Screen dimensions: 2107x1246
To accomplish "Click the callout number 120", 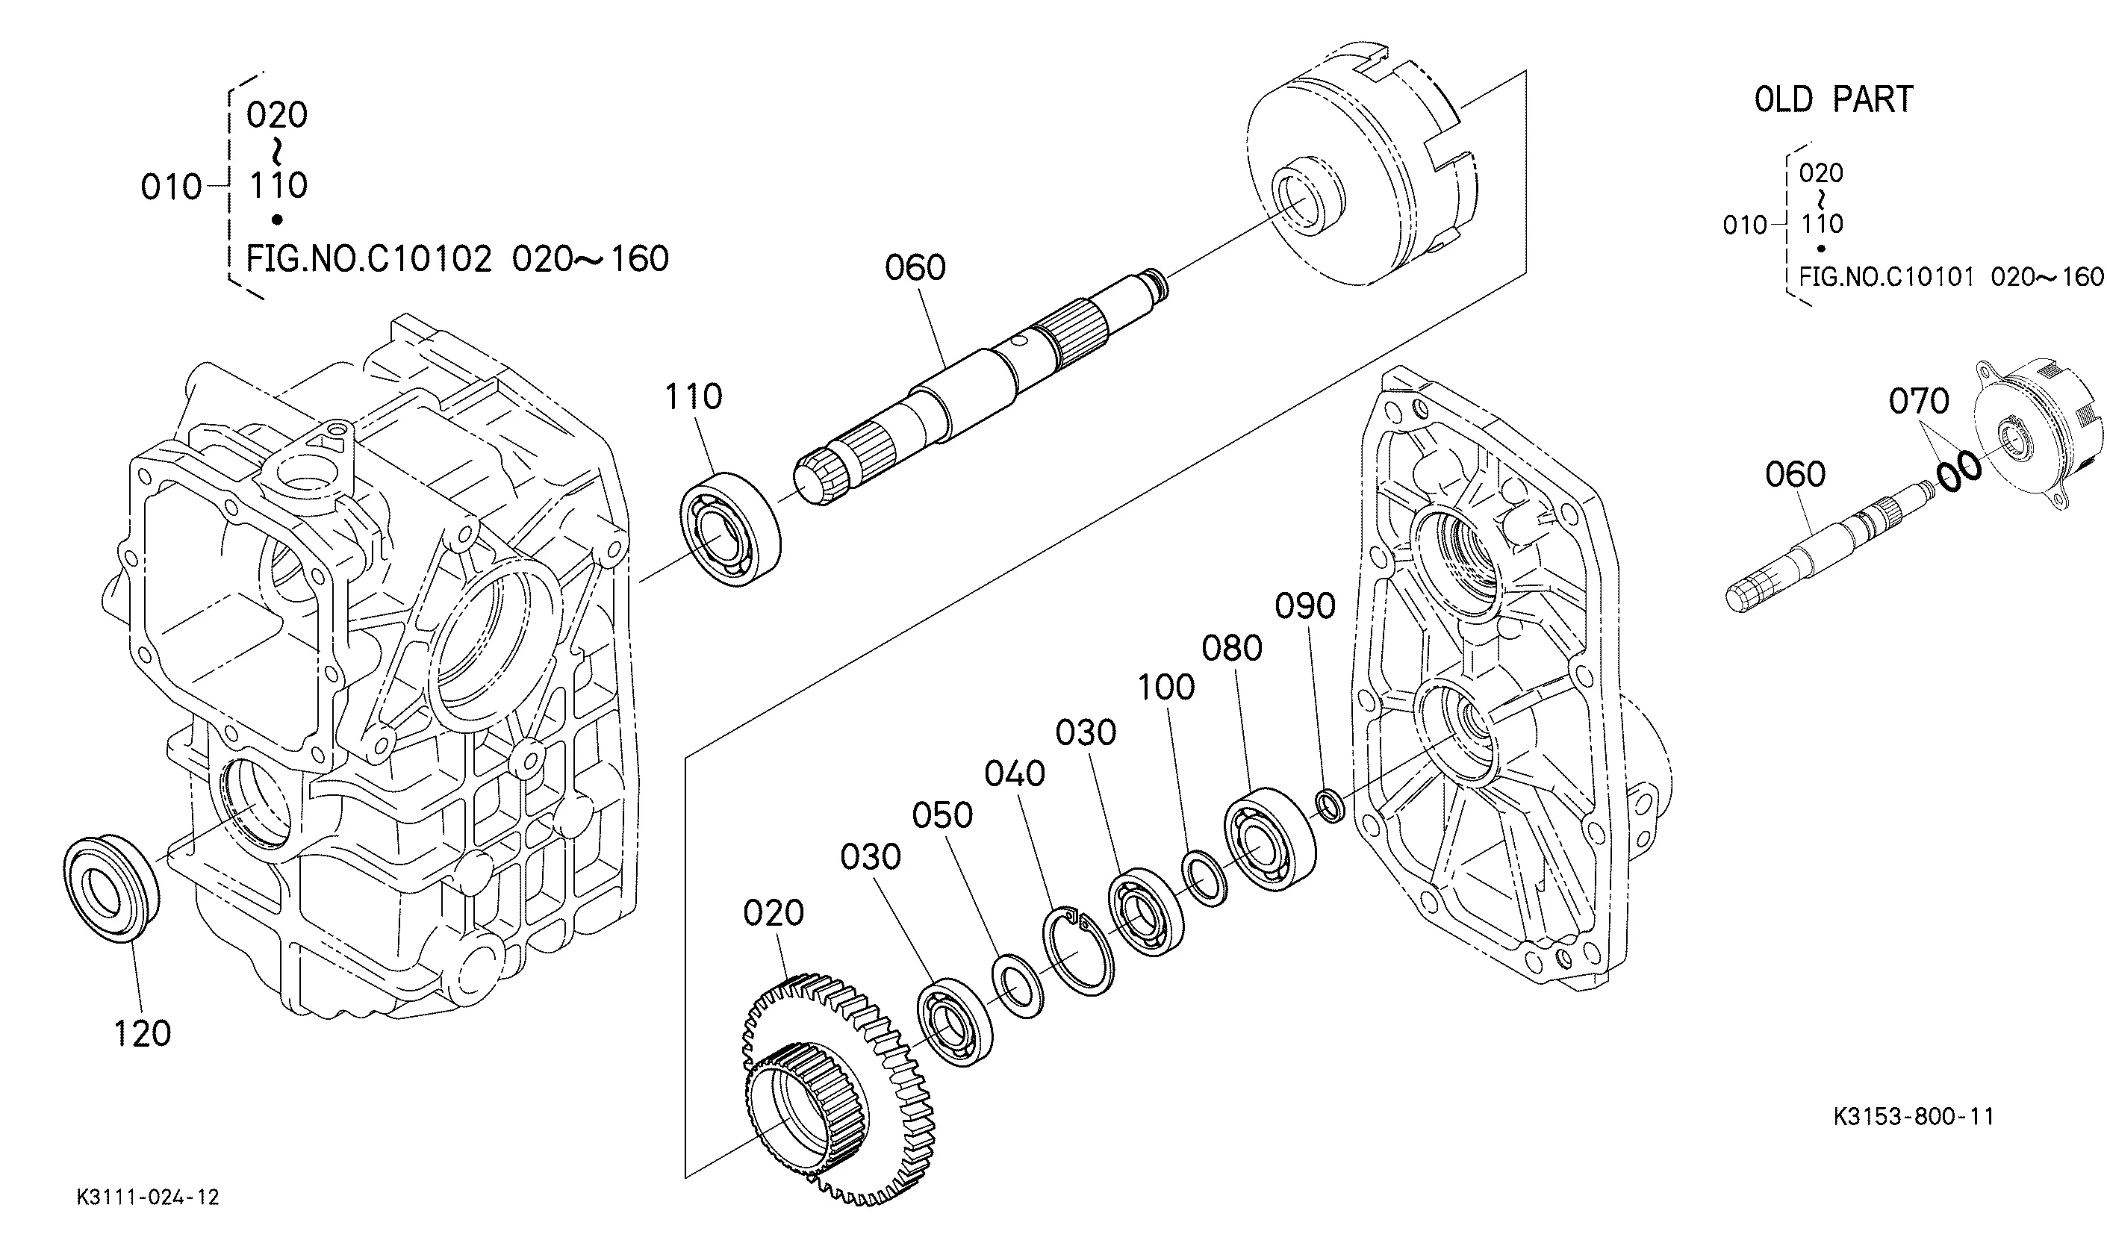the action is (142, 1033).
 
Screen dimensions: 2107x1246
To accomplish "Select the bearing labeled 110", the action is (729, 528).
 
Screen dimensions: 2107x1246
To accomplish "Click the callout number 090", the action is (1304, 605).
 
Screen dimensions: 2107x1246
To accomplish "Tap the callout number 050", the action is (942, 815).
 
